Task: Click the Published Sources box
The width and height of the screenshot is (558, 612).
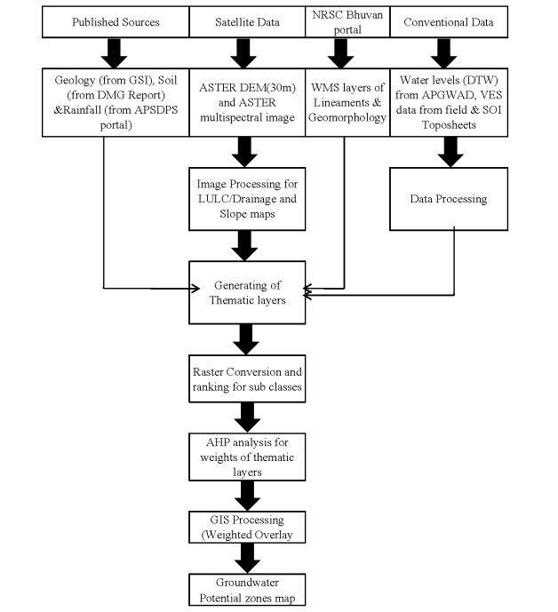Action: click(x=116, y=22)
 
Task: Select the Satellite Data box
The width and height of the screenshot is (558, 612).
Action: click(x=247, y=22)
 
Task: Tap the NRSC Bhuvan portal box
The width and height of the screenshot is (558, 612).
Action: click(x=347, y=22)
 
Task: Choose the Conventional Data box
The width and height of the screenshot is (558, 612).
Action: click(x=449, y=22)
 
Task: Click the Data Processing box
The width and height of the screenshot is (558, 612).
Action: click(x=449, y=199)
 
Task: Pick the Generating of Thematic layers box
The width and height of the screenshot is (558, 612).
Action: click(x=247, y=293)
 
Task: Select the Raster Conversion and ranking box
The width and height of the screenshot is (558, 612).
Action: click(x=247, y=379)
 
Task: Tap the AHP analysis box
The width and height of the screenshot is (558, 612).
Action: click(x=247, y=457)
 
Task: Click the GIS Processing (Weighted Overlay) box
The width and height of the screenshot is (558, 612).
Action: click(x=247, y=528)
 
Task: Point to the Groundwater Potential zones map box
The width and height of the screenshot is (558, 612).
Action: click(x=247, y=590)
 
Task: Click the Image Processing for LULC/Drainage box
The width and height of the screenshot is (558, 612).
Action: click(x=247, y=199)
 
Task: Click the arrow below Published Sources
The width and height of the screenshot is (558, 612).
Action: click(x=114, y=53)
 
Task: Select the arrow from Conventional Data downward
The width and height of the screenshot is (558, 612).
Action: click(x=443, y=53)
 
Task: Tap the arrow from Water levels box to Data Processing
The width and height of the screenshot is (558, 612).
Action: click(x=450, y=152)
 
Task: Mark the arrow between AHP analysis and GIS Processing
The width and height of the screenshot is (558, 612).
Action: click(x=248, y=496)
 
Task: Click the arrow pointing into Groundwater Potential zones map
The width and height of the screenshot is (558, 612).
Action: click(x=248, y=559)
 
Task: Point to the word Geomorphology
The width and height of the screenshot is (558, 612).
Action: click(x=347, y=117)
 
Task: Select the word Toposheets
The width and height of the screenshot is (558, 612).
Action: click(x=449, y=125)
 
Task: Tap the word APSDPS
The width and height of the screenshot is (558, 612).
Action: click(x=155, y=110)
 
